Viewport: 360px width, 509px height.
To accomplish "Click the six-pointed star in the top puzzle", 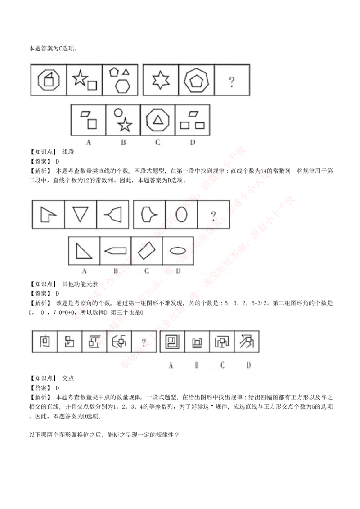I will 161,81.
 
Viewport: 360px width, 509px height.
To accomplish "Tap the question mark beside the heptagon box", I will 232,82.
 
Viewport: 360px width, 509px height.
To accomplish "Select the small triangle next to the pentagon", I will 126,71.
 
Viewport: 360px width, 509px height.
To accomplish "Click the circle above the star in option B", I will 118,113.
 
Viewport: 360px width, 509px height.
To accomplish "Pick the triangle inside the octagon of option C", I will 157,120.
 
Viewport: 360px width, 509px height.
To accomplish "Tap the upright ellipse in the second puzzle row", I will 181,215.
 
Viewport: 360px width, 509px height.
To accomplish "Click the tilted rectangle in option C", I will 146,251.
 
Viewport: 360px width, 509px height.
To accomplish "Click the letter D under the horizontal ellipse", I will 178,271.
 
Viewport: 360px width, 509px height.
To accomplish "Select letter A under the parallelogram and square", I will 89,143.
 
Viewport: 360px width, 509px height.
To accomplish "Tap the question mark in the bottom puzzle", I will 144,342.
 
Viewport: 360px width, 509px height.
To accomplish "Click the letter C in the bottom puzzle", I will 222,365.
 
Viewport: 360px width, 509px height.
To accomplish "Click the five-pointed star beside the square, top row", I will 80,78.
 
